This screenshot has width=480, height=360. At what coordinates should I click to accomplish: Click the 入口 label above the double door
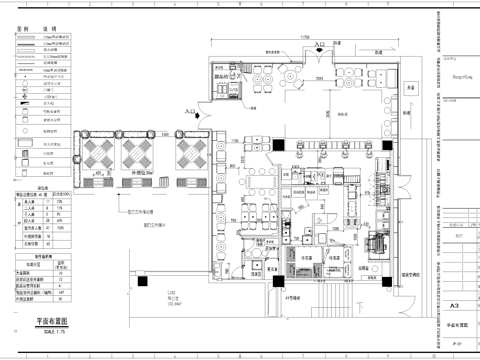(x=320, y=46)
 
